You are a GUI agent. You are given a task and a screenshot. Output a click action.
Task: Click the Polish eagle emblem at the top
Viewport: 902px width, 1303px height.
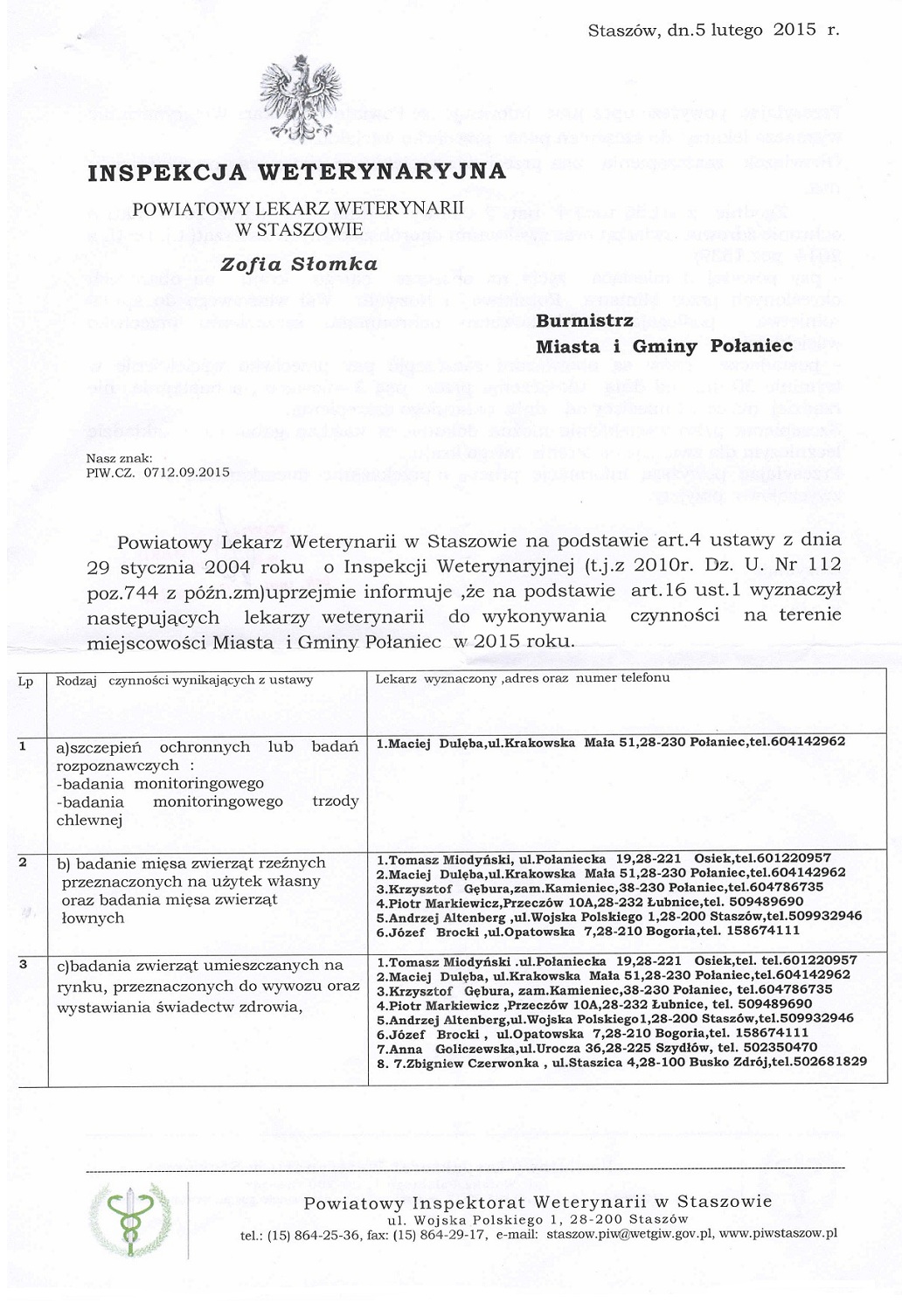coord(301,98)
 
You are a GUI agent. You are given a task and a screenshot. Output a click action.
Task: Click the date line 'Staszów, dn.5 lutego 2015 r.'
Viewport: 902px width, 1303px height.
coord(713,30)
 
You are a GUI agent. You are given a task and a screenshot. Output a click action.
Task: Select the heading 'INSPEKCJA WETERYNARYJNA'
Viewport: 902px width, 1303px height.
coord(297,171)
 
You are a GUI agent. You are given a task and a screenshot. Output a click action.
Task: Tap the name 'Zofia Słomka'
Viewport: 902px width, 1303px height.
coord(299,264)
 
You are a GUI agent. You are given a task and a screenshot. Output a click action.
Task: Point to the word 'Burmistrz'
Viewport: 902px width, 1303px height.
coord(585,321)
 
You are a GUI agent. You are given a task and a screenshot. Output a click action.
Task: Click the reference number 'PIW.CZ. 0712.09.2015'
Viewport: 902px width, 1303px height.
coord(158,472)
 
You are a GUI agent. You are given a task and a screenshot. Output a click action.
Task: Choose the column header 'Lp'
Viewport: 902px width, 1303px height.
coord(25,682)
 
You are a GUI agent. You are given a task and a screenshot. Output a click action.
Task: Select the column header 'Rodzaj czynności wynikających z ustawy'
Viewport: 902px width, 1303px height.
coord(184,680)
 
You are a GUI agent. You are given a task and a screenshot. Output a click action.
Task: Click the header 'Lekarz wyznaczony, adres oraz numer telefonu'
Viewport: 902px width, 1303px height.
coord(523,678)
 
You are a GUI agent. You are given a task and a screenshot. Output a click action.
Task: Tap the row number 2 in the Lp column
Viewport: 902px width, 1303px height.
coord(23,863)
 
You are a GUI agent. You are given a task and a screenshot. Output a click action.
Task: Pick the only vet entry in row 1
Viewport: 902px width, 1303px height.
coord(610,742)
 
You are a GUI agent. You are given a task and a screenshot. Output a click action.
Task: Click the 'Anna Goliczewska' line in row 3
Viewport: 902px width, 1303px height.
coord(596,1047)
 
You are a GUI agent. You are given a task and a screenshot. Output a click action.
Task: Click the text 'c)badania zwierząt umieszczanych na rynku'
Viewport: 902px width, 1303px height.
coord(200,966)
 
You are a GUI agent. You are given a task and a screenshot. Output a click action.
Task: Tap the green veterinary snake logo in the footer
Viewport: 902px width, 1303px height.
coord(129,1219)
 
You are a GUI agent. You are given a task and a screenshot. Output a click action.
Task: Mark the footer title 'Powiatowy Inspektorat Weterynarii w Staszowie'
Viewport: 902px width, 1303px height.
coord(538,1203)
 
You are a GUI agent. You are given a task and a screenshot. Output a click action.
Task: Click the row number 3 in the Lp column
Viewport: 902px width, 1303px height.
coord(23,964)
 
